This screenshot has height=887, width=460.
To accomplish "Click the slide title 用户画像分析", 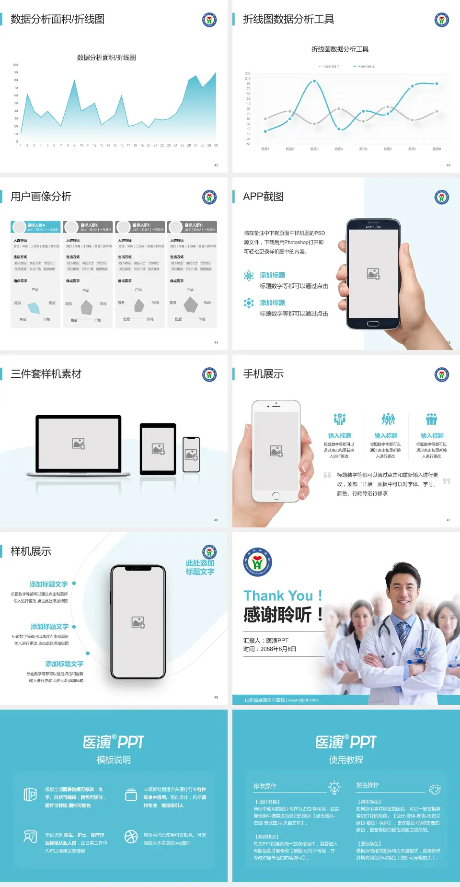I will pyautogui.click(x=41, y=197).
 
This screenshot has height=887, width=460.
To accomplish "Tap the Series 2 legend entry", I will pyautogui.click(x=365, y=66).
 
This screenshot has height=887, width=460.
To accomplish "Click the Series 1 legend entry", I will pyautogui.click(x=329, y=66).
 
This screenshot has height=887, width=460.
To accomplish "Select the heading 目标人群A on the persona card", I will pyautogui.click(x=36, y=225).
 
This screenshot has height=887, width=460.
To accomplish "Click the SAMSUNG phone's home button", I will pyautogui.click(x=373, y=324).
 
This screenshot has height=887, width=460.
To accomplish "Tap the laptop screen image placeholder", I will pyautogui.click(x=79, y=443).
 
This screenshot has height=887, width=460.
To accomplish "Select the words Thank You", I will pyautogui.click(x=278, y=595).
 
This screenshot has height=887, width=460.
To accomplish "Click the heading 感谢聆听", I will pyautogui.click(x=278, y=615).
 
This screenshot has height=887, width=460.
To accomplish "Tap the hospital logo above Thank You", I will pyautogui.click(x=257, y=562).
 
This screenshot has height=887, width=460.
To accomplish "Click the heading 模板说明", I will pyautogui.click(x=114, y=760).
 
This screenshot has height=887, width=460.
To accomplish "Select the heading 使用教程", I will pyautogui.click(x=346, y=760).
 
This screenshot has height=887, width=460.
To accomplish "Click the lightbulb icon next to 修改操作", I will pyautogui.click(x=334, y=787).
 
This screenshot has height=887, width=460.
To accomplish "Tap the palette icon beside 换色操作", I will pyautogui.click(x=435, y=789).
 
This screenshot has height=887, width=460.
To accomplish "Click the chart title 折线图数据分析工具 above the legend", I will pyautogui.click(x=340, y=49).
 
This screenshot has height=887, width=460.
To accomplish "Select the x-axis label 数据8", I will pyautogui.click(x=437, y=149).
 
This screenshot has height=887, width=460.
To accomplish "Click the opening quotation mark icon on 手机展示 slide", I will pyautogui.click(x=327, y=475).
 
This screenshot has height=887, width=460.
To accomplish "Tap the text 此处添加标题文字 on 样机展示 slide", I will pyautogui.click(x=200, y=567).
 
